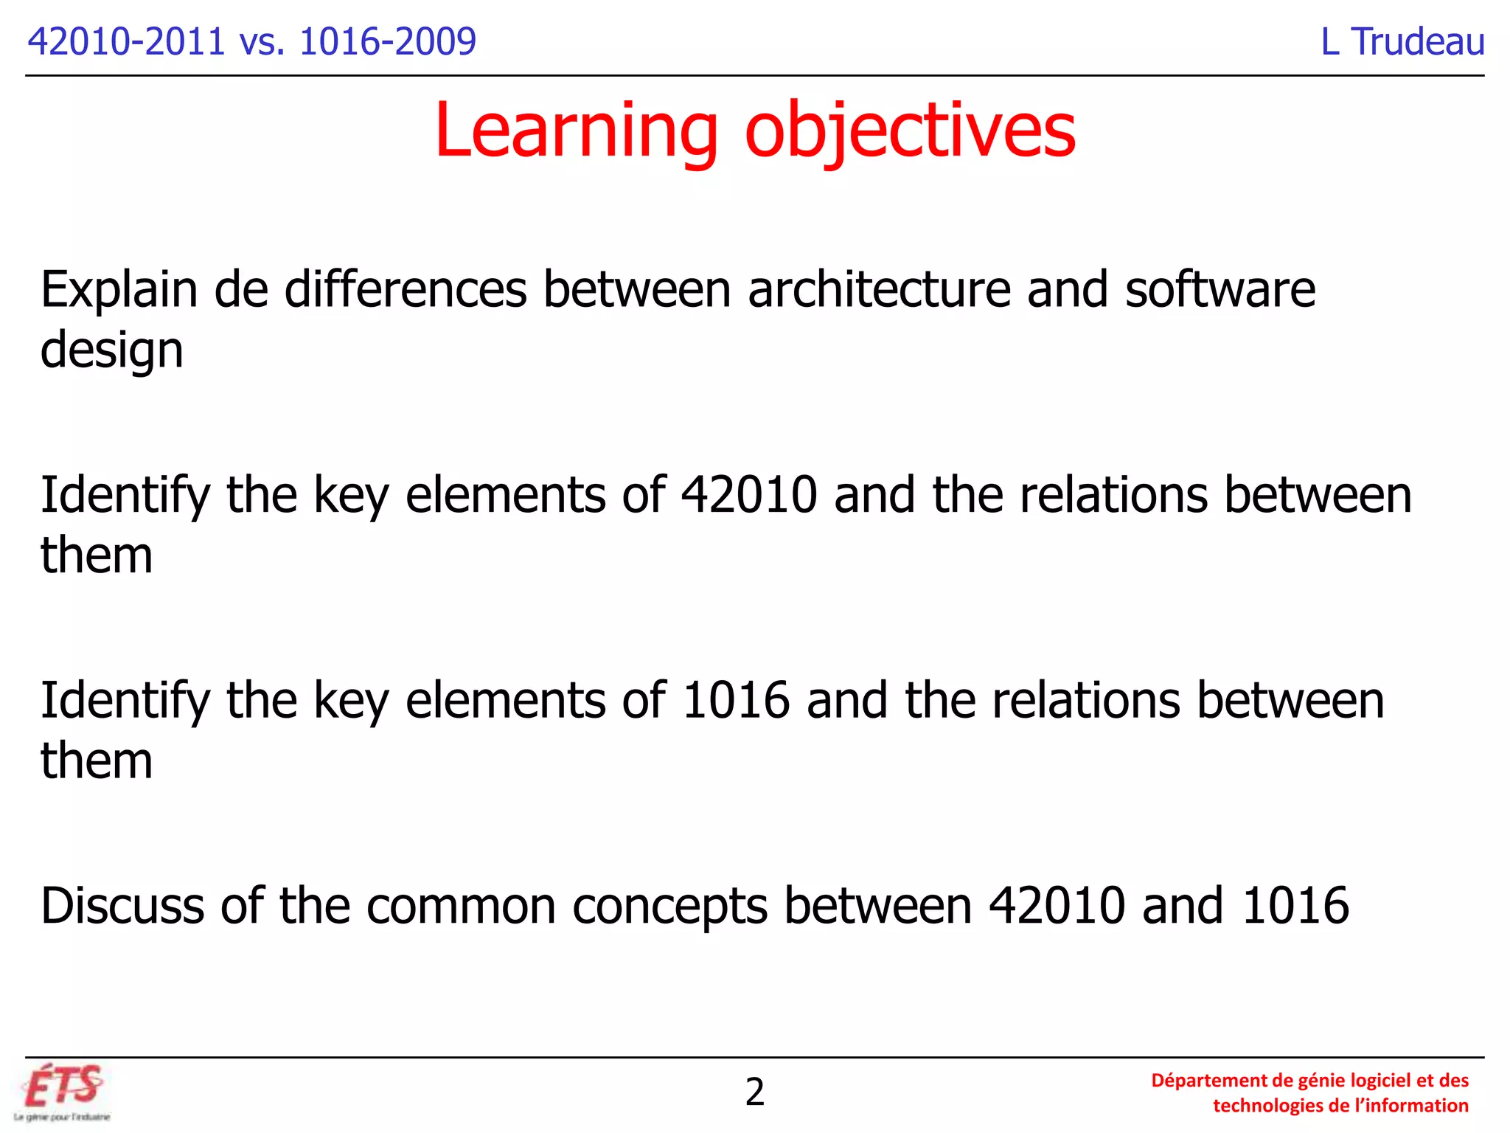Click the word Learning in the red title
pos(576,131)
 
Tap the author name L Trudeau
pos(1402,41)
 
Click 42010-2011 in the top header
pos(126,41)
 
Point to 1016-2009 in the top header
pos(388,41)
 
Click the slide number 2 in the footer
pos(754,1092)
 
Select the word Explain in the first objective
pos(119,289)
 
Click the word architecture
pos(879,289)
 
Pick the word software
pos(1220,289)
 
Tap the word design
pos(111,350)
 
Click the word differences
pos(406,289)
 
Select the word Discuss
pos(122,905)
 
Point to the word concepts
pos(669,905)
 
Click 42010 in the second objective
pos(749,494)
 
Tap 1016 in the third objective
pos(736,700)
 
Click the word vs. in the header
pos(262,41)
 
